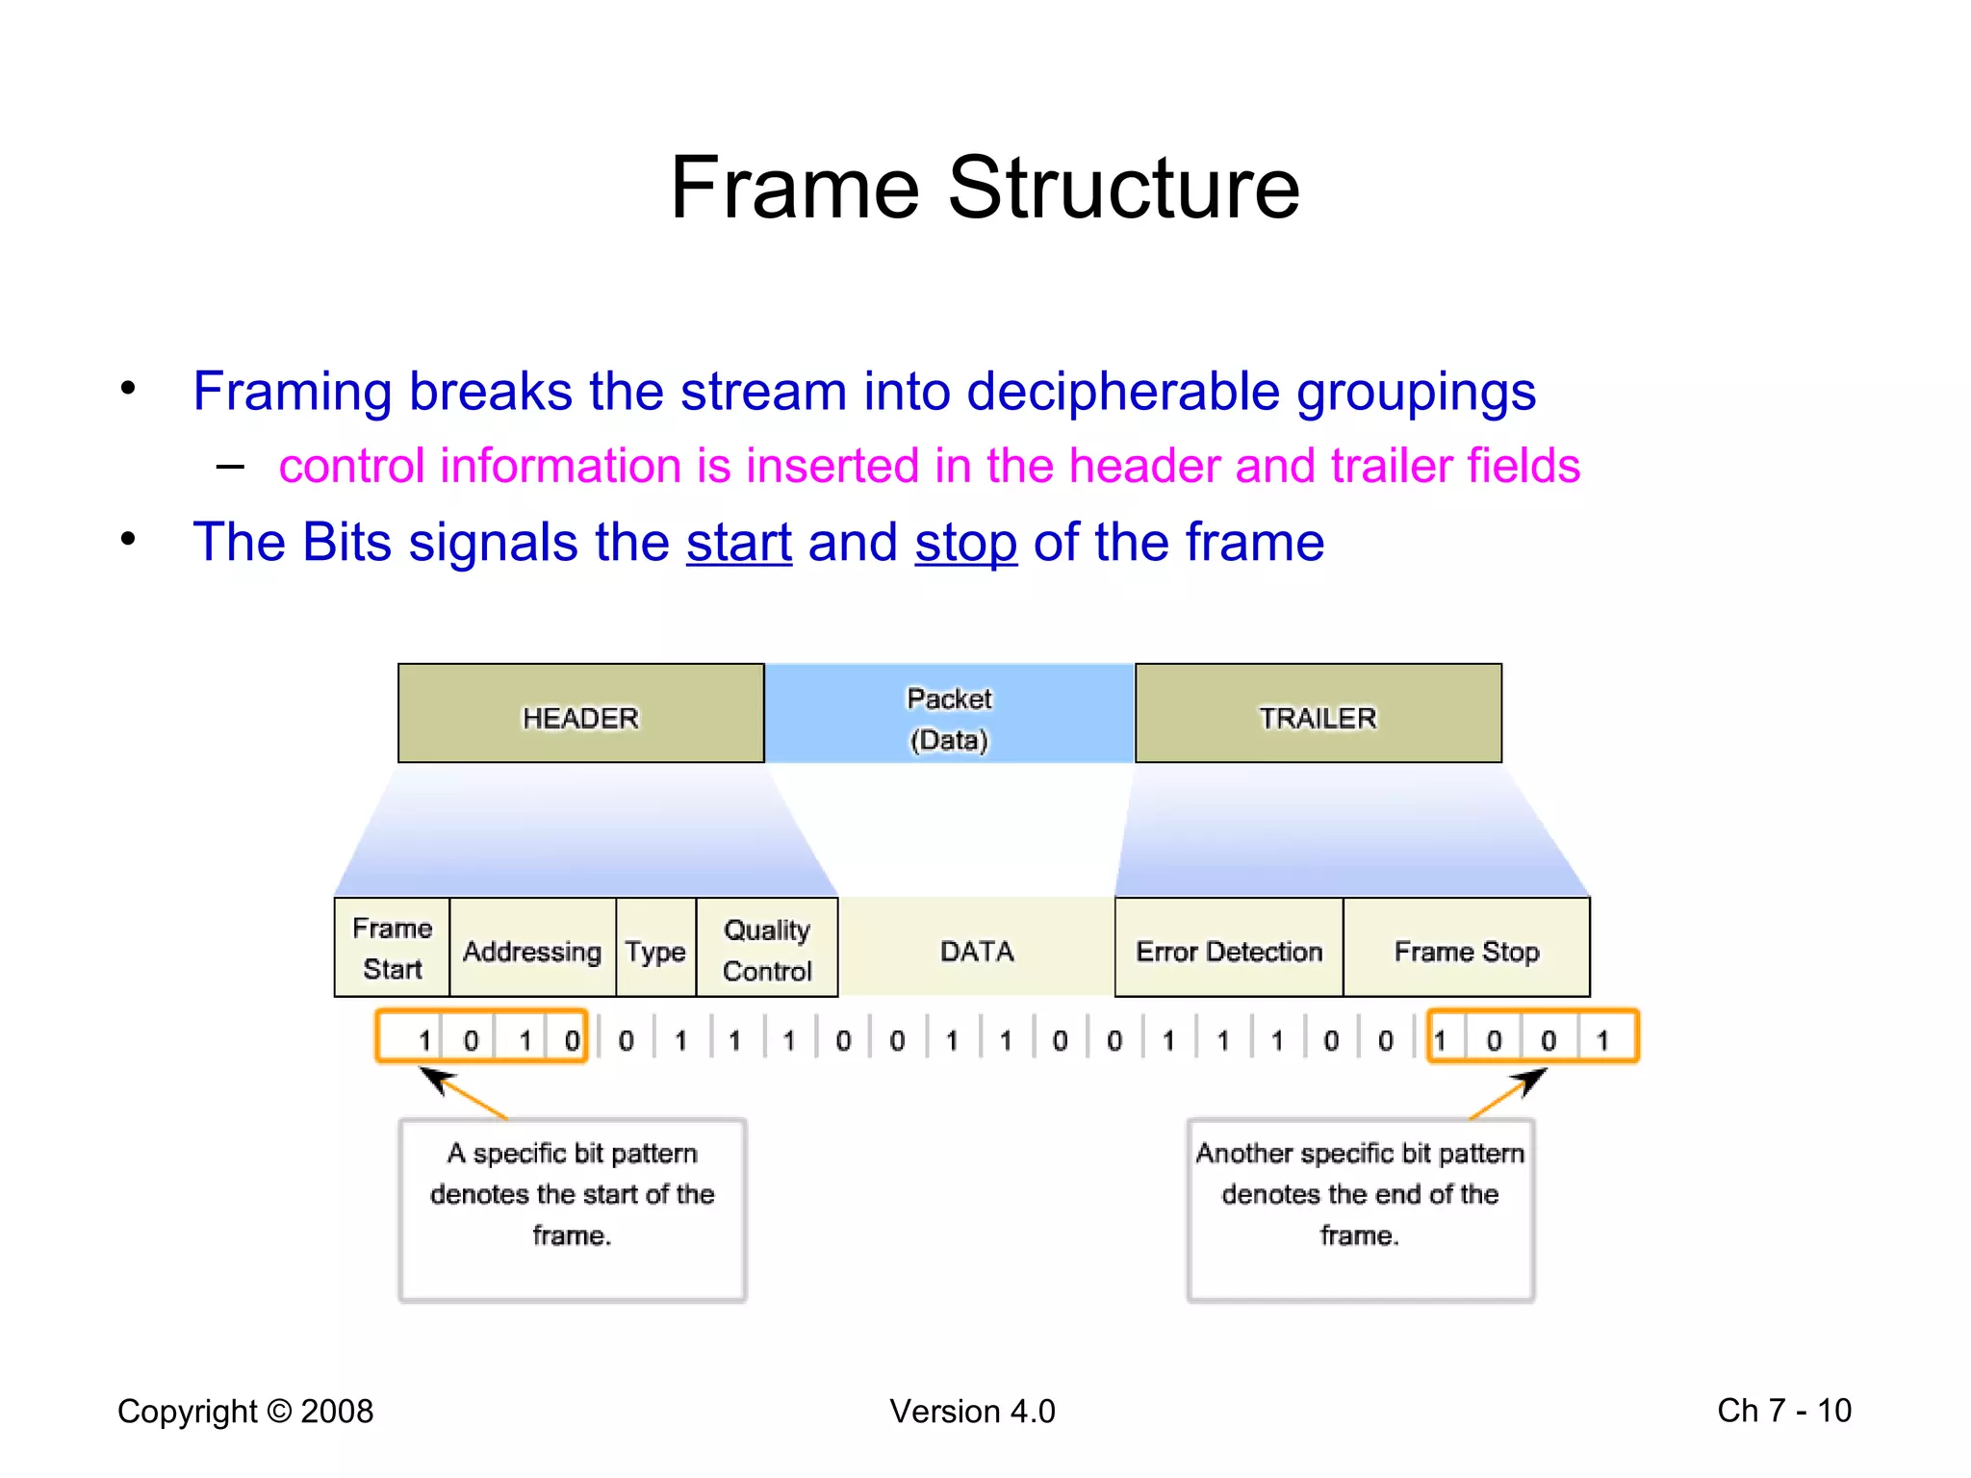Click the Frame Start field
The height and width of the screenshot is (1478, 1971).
(x=392, y=948)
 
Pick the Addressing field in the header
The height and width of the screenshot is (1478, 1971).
(x=532, y=951)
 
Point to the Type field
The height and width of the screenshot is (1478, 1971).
(x=655, y=951)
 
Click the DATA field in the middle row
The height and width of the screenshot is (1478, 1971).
(x=977, y=951)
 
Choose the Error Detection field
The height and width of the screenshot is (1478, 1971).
(x=1229, y=951)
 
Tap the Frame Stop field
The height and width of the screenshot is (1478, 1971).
(x=1466, y=951)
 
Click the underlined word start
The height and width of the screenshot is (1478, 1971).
(x=738, y=543)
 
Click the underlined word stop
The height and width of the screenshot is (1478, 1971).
(x=965, y=543)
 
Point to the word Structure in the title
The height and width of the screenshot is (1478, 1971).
(x=1123, y=188)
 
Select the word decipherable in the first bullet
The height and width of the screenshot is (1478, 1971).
(x=1122, y=393)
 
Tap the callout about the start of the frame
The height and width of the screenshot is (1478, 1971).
(x=573, y=1209)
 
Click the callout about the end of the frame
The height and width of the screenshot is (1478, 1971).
(x=1360, y=1209)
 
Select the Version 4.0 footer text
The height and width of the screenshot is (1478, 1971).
(x=972, y=1411)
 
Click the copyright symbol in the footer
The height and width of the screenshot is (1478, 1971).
(x=279, y=1411)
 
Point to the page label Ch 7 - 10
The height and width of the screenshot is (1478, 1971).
(x=1783, y=1411)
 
